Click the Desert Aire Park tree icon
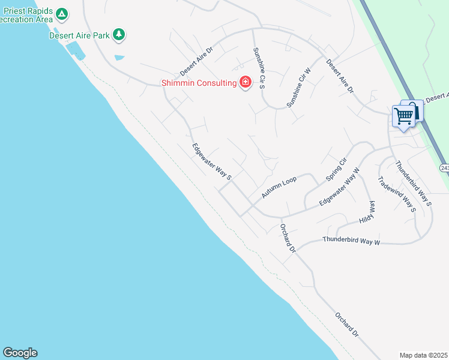click(119, 34)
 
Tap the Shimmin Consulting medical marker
click(245, 82)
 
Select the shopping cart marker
click(404, 115)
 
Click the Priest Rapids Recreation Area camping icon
click(61, 13)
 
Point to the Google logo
click(20, 353)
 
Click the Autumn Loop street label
click(279, 188)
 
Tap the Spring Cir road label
click(337, 170)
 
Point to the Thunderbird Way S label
click(414, 183)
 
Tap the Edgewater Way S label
click(212, 161)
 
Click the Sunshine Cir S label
click(259, 68)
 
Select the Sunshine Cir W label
click(298, 88)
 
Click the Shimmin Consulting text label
click(199, 83)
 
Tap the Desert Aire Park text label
click(79, 35)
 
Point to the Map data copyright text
click(423, 355)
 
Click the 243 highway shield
click(444, 168)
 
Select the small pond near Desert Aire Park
click(119, 58)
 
